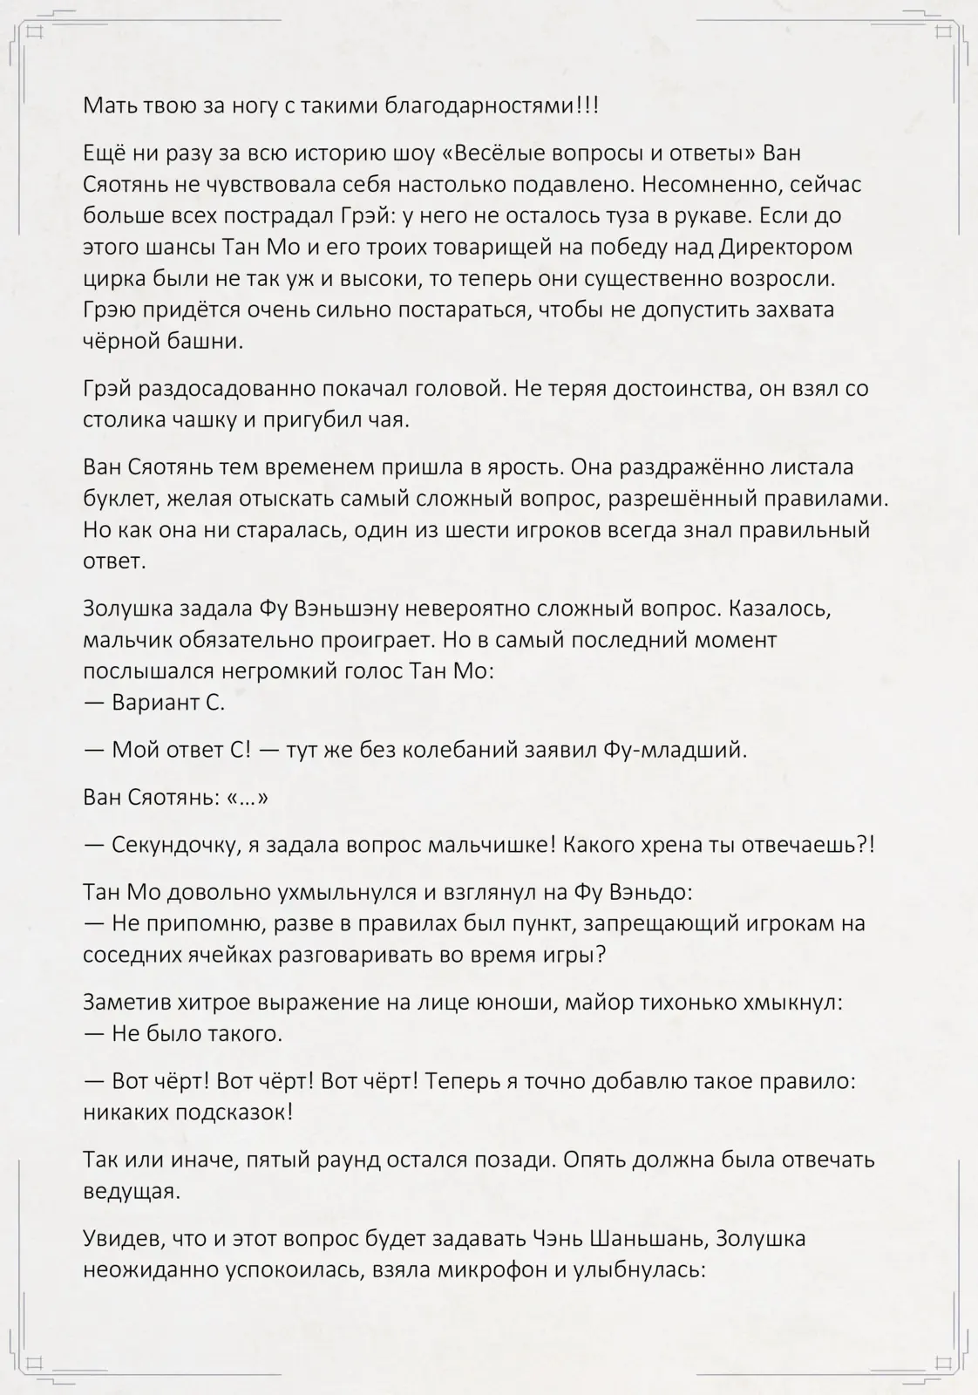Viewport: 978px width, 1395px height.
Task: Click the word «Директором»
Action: (786, 248)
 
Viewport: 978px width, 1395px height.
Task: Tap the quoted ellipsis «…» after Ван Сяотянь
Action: (247, 798)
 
